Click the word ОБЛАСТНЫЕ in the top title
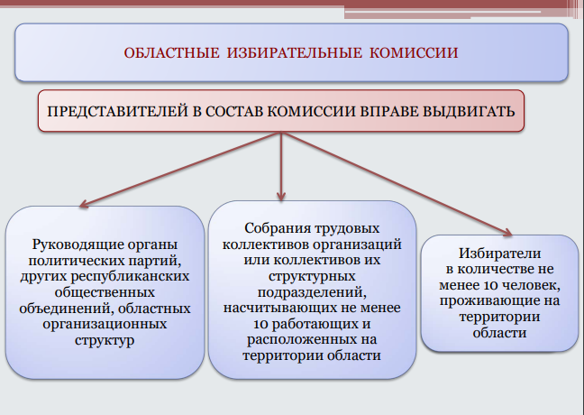172,53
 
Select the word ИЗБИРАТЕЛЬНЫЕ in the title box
294,53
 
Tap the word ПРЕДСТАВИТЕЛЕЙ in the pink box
118,112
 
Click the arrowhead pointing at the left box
84,204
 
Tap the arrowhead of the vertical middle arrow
281,197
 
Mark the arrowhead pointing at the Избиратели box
507,232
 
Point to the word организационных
105,324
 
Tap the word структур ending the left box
105,340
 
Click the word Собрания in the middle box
278,228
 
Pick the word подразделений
312,292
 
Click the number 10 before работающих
260,324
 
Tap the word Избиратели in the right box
499,254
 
